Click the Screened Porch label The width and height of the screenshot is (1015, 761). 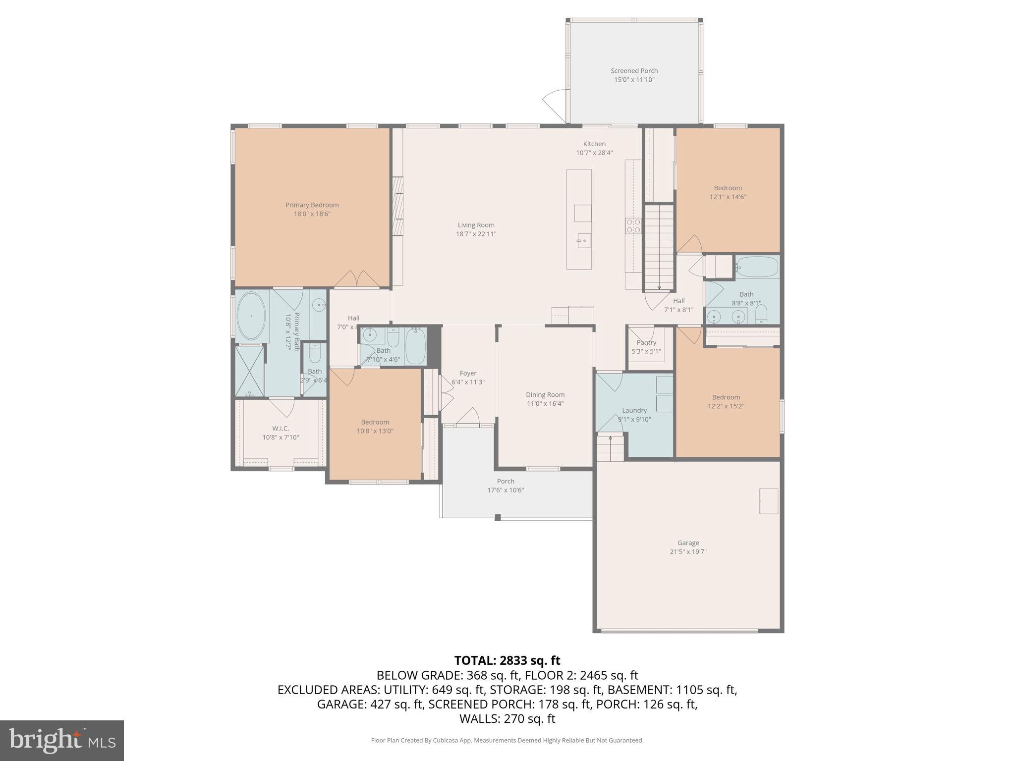(x=634, y=71)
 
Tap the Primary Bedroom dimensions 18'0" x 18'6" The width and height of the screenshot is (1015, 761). (x=312, y=214)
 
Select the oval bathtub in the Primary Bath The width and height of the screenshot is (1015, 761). (x=251, y=316)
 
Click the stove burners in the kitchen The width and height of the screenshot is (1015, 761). (x=633, y=226)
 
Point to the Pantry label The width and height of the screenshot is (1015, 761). (x=646, y=342)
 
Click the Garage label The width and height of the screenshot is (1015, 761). (x=688, y=543)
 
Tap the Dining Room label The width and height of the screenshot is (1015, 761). (x=545, y=395)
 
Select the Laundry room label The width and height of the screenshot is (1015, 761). (x=634, y=410)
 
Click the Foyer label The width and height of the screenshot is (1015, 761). (x=468, y=373)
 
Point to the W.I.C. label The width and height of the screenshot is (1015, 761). (x=281, y=428)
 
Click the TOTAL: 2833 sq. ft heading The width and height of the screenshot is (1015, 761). (x=507, y=660)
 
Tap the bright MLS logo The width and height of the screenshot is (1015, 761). (x=62, y=740)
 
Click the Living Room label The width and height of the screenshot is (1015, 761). (x=476, y=225)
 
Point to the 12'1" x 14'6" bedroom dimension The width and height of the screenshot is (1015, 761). (x=728, y=197)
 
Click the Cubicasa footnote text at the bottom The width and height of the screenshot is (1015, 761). (x=507, y=740)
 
